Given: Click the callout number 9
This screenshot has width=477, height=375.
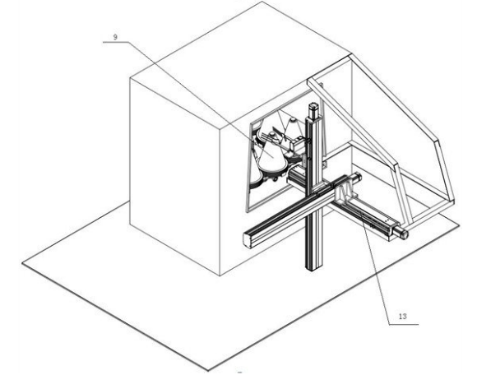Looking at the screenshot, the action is [x=115, y=37].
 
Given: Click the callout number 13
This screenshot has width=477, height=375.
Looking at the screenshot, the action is [x=402, y=317].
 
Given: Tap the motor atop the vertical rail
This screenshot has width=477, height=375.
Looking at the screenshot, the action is [x=313, y=111].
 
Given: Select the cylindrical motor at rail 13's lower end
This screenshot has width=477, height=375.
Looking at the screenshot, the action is [x=401, y=232].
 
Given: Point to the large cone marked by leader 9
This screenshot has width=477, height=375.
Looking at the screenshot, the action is [x=271, y=155].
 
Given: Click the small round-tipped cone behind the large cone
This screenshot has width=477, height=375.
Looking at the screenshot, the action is [x=293, y=126].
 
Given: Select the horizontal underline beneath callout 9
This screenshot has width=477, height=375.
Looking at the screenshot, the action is [x=116, y=43].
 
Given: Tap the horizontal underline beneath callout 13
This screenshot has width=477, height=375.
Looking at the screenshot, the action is [x=404, y=325].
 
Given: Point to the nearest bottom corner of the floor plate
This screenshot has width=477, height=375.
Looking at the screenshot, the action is [x=208, y=371].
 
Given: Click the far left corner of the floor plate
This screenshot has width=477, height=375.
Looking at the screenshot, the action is [x=22, y=263].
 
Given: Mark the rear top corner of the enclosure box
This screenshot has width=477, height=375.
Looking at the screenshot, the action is [x=262, y=2].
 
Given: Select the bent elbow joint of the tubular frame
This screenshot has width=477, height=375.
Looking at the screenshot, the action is [x=438, y=141].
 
